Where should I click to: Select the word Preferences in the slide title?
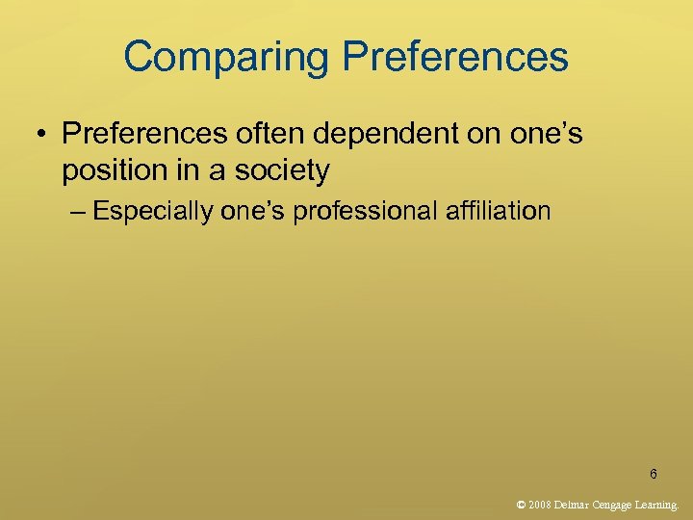(x=455, y=57)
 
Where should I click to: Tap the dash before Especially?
(x=77, y=211)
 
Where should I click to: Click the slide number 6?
(x=654, y=474)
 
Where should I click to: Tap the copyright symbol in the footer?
(x=521, y=504)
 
